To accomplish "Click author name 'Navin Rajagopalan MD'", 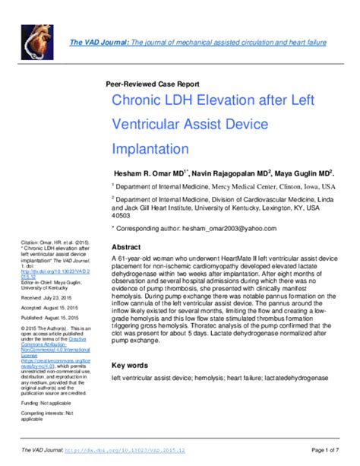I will click(233, 173).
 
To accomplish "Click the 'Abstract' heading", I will click(127, 247).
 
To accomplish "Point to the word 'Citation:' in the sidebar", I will click(33, 243).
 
